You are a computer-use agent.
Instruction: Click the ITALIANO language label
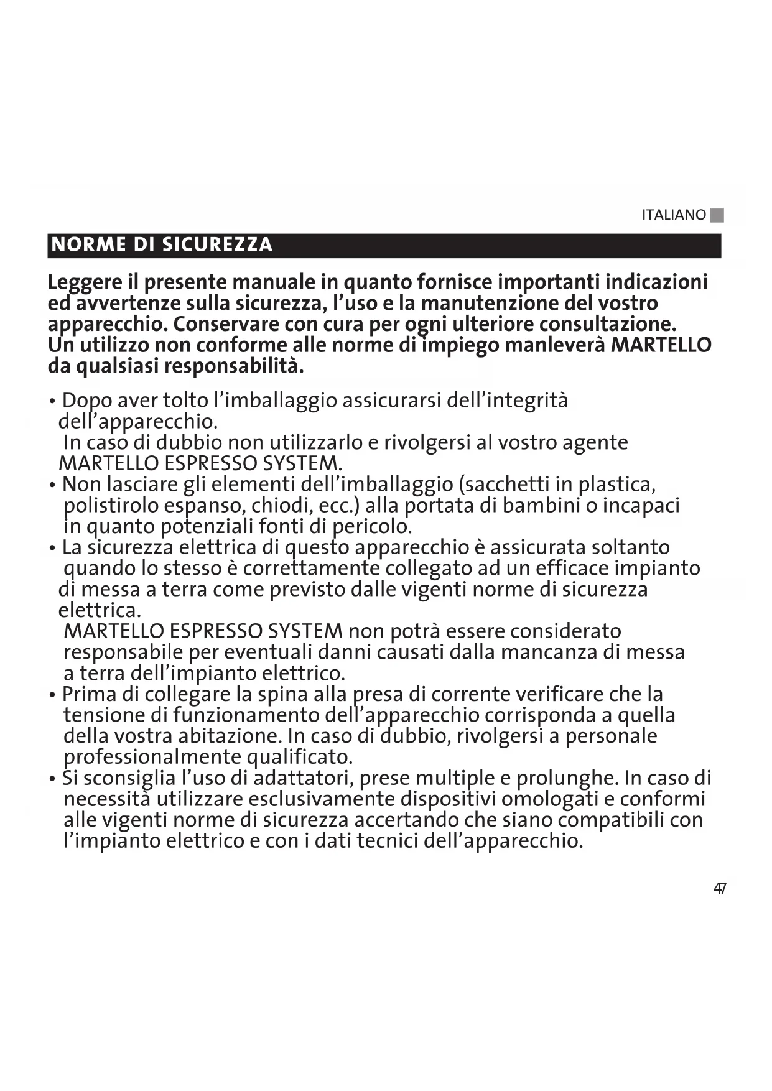674,215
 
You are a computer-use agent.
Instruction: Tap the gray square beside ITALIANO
717,215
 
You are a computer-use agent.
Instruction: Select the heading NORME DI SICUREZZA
162,244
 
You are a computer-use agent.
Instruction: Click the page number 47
720,889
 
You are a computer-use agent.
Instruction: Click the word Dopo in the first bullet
87,401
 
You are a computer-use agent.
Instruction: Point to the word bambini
541,506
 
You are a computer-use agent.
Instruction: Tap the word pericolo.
371,527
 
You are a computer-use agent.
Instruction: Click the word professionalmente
152,757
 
